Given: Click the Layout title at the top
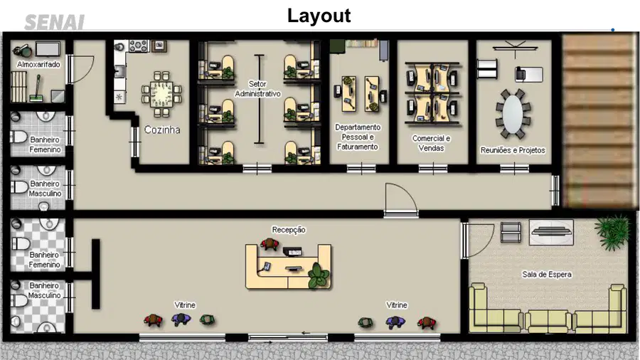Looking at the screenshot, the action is point(319,16).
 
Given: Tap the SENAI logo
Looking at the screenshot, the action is point(54,22).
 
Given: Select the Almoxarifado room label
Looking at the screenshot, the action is point(39,65).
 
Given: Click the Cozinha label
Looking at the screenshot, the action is point(162,129).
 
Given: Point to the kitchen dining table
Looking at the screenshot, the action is point(161,94).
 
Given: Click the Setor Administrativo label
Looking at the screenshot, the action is point(257,89).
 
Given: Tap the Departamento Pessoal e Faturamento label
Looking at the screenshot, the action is point(358,137).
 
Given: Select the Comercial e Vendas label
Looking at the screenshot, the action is point(431,143).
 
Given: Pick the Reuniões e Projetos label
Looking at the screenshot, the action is point(513,150).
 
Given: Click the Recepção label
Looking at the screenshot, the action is point(289,230).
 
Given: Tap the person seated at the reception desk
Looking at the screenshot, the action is point(270,244).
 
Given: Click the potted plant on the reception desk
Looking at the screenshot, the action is point(318,275).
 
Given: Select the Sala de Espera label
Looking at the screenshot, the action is point(547,275).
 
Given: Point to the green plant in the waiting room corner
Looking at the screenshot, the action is point(614,233).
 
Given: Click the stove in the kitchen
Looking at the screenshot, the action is point(139,46).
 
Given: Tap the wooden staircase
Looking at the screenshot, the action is point(597,121).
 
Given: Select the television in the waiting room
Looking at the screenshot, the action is point(551,232).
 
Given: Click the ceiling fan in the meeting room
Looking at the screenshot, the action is point(515,48).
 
